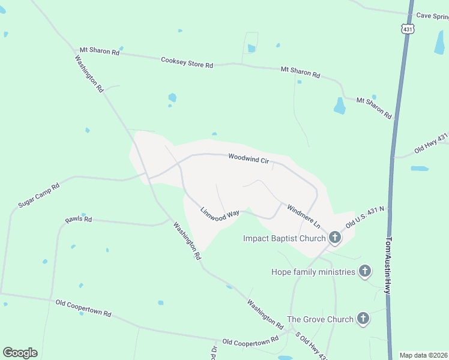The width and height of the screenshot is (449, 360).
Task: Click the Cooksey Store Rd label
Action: click(187, 62)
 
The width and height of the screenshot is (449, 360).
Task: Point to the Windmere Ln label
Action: click(303, 216)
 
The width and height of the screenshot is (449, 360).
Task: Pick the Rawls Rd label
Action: click(79, 220)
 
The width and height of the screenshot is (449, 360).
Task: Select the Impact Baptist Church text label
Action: click(284, 238)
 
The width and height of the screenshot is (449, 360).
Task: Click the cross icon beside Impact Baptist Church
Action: click(334, 238)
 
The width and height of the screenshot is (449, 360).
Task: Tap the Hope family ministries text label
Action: click(313, 272)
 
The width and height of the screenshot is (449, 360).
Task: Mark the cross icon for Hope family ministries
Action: click(364, 272)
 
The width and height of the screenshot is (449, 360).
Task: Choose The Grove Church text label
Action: click(320, 319)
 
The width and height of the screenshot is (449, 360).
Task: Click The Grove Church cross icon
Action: click(363, 319)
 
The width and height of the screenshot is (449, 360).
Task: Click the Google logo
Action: click(20, 353)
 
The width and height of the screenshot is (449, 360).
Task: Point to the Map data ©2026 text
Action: click(423, 355)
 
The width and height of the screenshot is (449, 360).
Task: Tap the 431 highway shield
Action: click(408, 29)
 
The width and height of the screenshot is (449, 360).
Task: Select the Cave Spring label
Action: click(432, 16)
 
